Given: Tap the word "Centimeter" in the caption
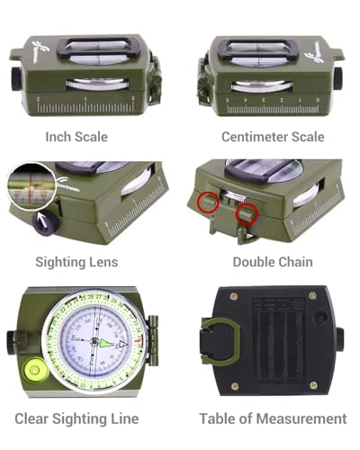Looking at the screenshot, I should [256, 137].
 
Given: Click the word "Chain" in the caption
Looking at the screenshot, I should [292, 262].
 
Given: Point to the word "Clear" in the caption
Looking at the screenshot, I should [33, 418].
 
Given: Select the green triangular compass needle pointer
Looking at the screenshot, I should [108, 343].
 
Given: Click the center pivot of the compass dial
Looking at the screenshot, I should [94, 342].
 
